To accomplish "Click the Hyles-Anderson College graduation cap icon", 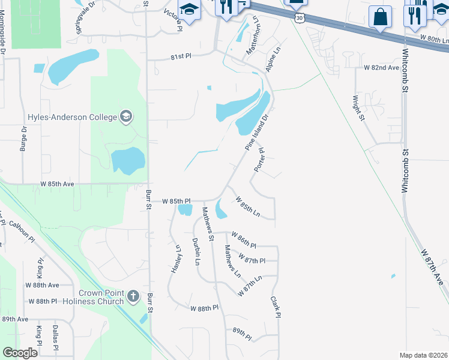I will (x=126, y=116).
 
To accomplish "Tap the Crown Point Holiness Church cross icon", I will (x=133, y=296).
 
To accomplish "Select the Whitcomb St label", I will (x=405, y=172).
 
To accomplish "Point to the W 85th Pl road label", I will (x=176, y=201).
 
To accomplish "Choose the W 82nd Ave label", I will (x=381, y=68).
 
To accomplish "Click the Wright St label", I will (x=358, y=107).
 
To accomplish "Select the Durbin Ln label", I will (x=196, y=252).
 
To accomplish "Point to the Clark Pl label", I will (x=276, y=307).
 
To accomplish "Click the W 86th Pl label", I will (x=244, y=242).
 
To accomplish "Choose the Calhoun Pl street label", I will (x=22, y=231).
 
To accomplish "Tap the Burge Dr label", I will (x=23, y=138).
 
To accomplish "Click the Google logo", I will (x=20, y=353).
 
